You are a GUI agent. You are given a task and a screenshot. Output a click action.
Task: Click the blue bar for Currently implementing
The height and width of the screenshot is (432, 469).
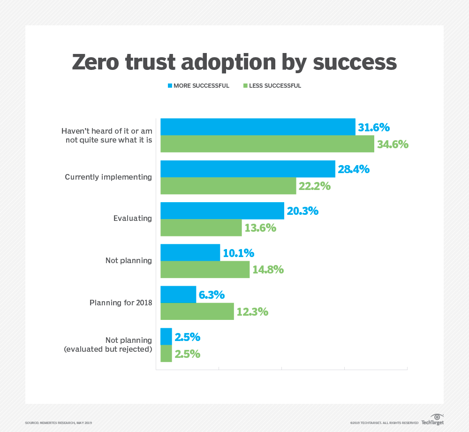[x=248, y=169]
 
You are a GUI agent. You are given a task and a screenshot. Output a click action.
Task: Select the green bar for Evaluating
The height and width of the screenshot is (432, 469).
[x=201, y=228]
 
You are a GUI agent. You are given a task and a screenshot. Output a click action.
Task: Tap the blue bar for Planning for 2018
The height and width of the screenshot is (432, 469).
[x=178, y=295]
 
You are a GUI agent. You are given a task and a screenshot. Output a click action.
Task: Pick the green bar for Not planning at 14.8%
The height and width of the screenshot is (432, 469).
[x=205, y=270]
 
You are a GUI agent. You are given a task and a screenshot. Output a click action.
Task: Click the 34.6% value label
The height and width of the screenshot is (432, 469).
[x=393, y=144]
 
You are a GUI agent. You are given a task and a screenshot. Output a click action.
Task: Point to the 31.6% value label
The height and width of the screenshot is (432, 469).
[x=374, y=128]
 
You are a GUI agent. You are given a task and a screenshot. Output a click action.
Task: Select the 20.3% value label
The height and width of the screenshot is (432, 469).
[x=303, y=211]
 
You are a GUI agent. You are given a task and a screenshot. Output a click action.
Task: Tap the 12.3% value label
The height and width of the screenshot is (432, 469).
[x=252, y=311]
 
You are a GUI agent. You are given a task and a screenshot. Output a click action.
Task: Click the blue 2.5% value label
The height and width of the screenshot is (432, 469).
[x=188, y=337]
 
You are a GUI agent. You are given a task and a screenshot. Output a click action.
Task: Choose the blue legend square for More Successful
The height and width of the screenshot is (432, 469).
[x=170, y=86]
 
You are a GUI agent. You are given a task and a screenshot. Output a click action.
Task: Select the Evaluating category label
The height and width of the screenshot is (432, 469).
[x=132, y=218]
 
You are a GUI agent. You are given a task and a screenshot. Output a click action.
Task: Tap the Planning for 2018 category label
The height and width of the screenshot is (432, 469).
[x=121, y=303]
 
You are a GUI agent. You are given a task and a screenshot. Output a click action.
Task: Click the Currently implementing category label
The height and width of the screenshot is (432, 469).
[x=108, y=177]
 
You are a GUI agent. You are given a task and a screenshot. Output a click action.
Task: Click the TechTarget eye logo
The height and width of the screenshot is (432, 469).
[x=437, y=417]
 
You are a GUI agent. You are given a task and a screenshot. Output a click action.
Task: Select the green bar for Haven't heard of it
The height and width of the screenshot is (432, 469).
[x=267, y=144]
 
